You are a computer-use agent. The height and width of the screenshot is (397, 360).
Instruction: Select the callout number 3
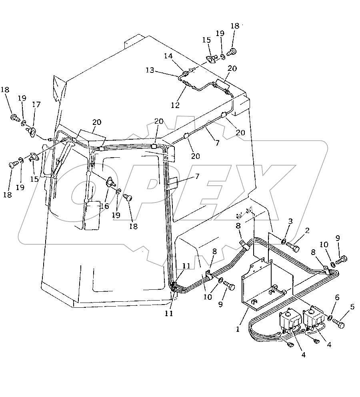pyautogui.click(x=291, y=221)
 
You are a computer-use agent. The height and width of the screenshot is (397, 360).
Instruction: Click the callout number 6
pyautogui.click(x=337, y=298)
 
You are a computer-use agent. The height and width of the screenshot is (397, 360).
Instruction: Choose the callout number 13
pyautogui.click(x=150, y=70)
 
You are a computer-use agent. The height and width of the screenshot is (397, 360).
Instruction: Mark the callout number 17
pyautogui.click(x=36, y=104)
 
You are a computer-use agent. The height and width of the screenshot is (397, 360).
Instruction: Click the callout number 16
pyautogui.click(x=104, y=206)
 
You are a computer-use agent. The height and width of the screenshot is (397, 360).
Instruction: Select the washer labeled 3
pyautogui.click(x=284, y=241)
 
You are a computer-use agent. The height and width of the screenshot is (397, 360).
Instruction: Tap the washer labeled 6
pyautogui.click(x=330, y=318)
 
